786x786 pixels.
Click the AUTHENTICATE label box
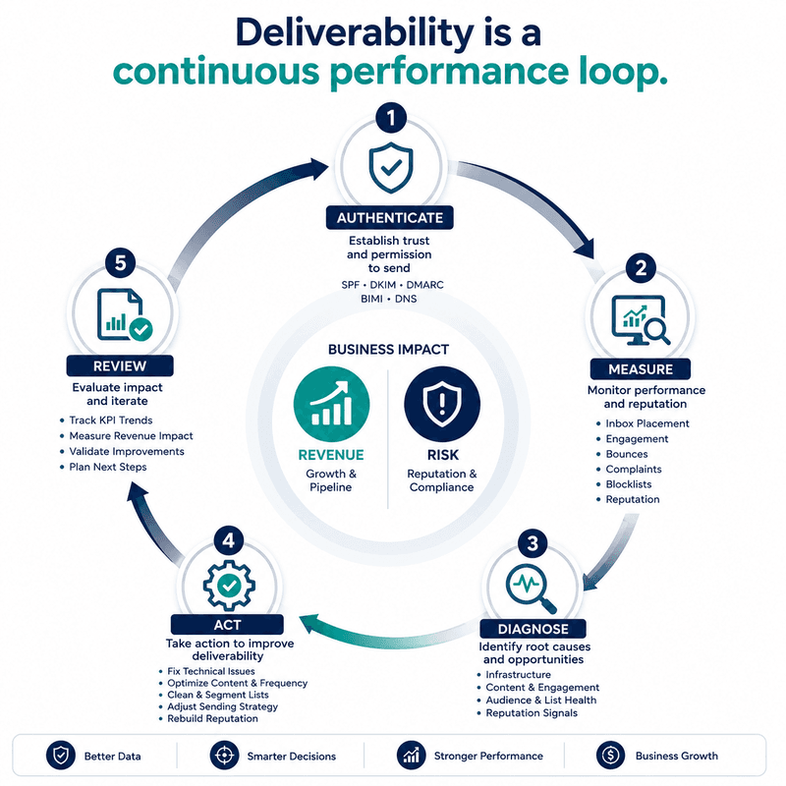[x=389, y=217]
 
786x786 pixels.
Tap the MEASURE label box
[x=641, y=369]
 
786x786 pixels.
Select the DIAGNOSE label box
[x=533, y=629]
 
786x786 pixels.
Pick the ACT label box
[x=227, y=625]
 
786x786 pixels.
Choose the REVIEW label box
[x=120, y=365]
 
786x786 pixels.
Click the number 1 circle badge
[x=391, y=118]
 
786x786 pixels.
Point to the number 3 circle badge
[x=533, y=543]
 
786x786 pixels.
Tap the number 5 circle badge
[x=120, y=262]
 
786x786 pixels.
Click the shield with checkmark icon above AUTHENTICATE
[x=391, y=167]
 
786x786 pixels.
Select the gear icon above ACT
[x=229, y=585]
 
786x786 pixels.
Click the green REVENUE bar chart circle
[x=331, y=404]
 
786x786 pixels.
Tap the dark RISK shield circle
[x=442, y=404]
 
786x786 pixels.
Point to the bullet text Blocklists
[x=629, y=484]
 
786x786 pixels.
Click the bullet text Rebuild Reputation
[x=212, y=718]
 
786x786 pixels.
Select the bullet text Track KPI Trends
[x=111, y=421]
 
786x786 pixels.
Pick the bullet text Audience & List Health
[x=541, y=700]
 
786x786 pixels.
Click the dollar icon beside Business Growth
[x=610, y=755]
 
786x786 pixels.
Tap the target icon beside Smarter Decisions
[x=225, y=755]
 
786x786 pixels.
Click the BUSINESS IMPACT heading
[x=388, y=350]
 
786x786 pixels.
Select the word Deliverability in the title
[x=355, y=33]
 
